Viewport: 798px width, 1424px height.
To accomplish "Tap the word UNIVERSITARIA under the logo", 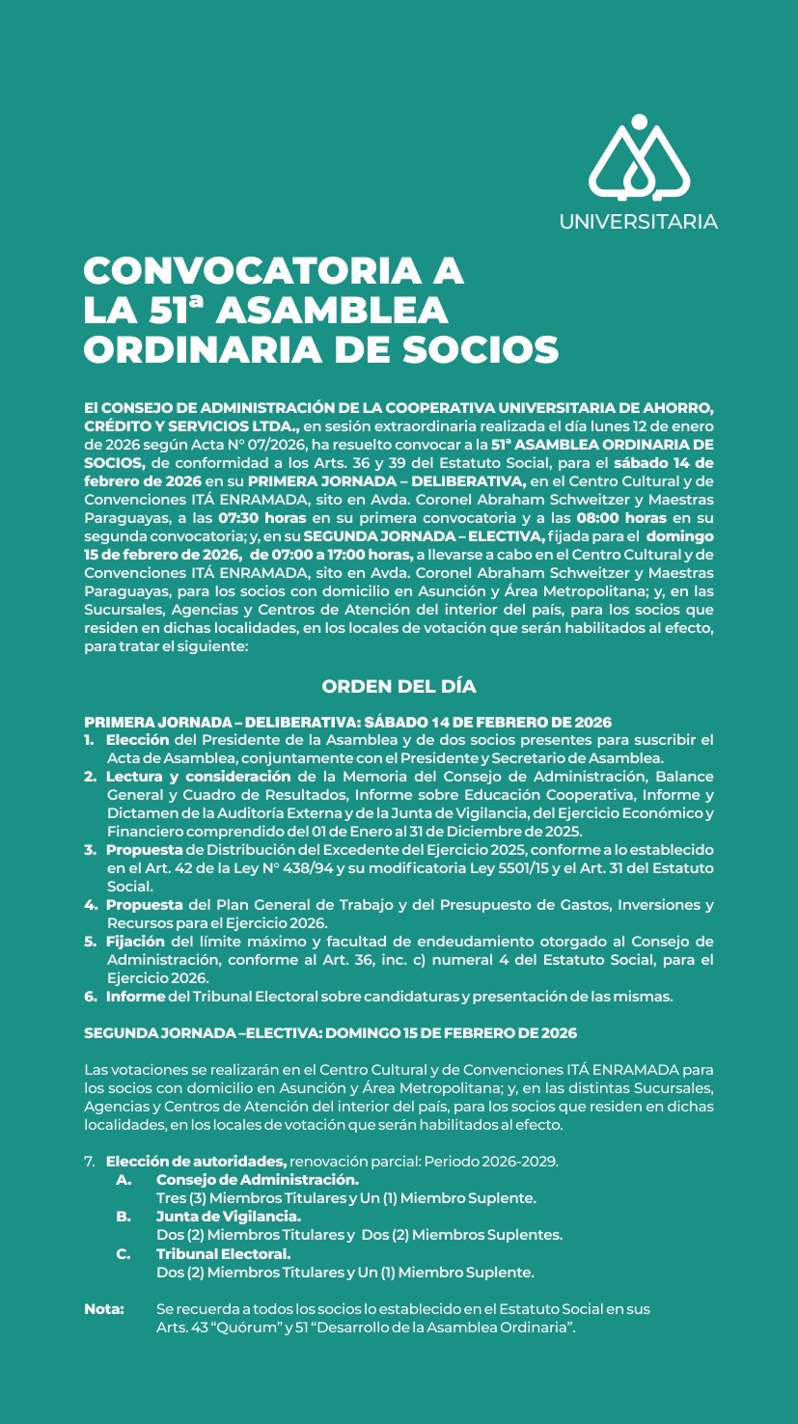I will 638,222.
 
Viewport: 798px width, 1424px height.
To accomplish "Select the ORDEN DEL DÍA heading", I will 399,686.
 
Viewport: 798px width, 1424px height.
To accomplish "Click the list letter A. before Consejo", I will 124,1179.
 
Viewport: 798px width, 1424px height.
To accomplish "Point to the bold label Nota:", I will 104,1309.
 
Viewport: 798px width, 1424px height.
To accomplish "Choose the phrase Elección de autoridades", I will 196,1160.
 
